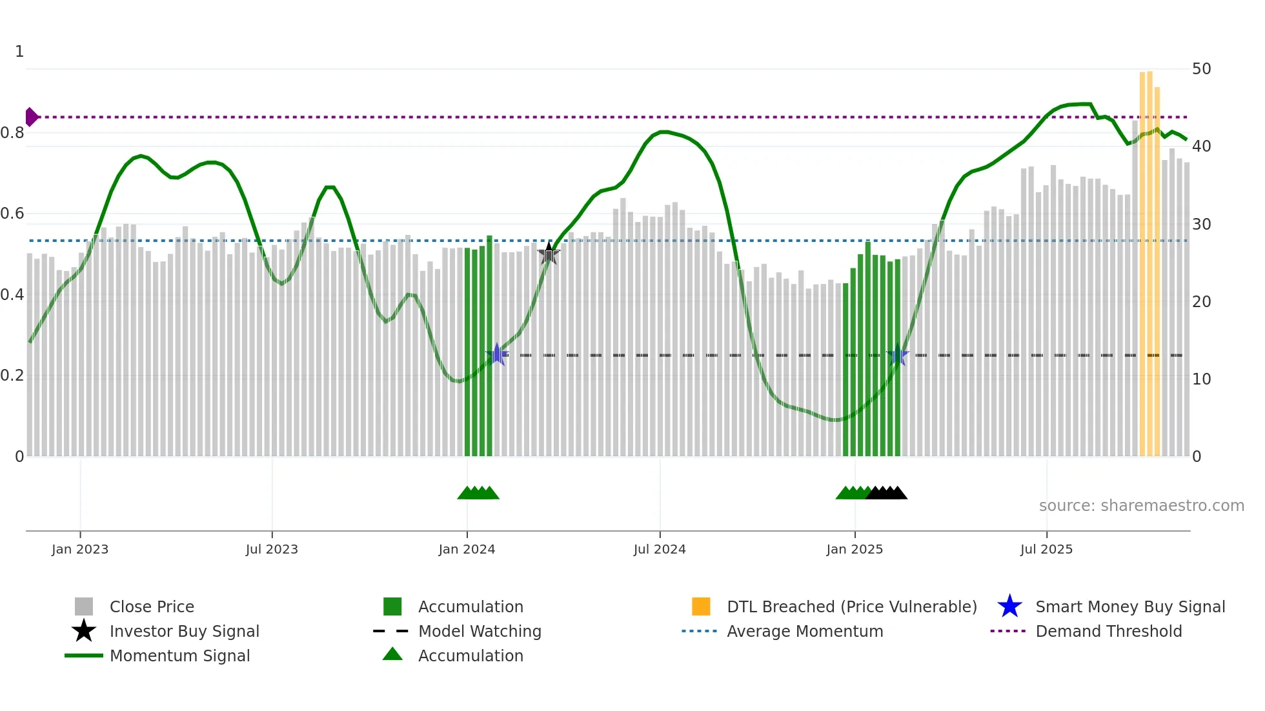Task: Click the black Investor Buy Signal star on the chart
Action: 549,254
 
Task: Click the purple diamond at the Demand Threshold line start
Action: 31,117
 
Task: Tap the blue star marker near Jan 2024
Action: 497,354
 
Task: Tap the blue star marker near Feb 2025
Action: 898,355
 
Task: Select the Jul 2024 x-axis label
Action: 660,549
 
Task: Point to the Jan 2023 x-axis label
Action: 80,549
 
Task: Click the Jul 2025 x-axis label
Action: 1046,549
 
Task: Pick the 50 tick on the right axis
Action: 1201,69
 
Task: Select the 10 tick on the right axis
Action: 1201,379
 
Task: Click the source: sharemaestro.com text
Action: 1141,506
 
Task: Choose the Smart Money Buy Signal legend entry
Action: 1129,606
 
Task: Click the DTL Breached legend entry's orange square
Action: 701,606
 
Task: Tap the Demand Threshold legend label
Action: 1108,631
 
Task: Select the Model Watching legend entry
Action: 479,631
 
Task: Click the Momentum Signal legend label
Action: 179,656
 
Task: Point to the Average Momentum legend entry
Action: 804,631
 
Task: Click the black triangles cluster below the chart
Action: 887,493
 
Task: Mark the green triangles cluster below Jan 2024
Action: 478,493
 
